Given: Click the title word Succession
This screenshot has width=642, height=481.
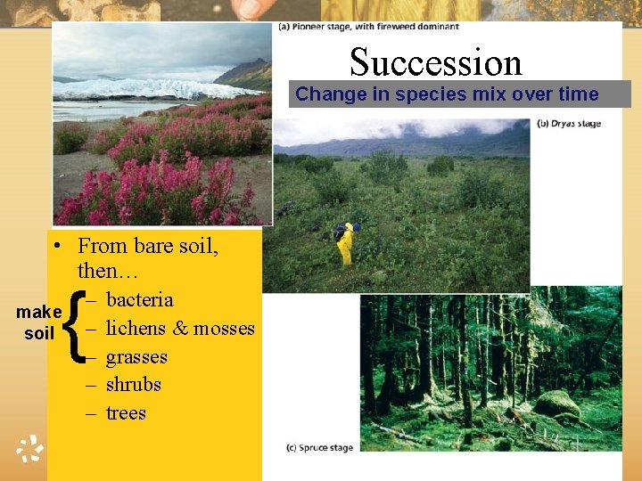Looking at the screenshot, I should coord(435,61).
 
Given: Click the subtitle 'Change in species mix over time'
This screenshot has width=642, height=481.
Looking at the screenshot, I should coord(447,94).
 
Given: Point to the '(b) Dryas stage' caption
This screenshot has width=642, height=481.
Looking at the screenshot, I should coord(567,124).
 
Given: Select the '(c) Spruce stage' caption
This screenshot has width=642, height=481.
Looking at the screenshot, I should coord(319,447).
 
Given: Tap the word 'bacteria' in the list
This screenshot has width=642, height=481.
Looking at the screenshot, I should coord(139,299).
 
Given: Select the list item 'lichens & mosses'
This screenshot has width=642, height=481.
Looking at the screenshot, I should coord(180,328).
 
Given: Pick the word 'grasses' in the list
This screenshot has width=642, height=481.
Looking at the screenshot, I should coord(136,357).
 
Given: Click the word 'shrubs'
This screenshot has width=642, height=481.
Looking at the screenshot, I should coord(134,385).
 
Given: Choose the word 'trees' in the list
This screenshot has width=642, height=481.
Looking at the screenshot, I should coord(126,413).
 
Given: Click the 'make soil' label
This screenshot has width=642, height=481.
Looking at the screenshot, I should coord(38,322).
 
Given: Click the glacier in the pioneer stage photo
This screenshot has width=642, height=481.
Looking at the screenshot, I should coord(152,88).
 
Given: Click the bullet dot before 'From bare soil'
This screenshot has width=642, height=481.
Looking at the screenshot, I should coord(56,247).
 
